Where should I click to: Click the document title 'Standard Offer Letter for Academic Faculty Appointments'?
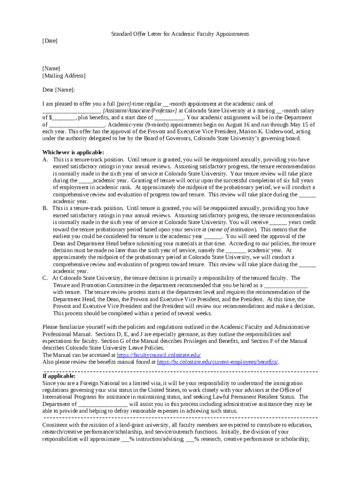tap(180, 34)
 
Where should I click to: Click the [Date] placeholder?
tap(50, 41)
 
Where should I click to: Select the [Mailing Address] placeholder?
tap(64, 76)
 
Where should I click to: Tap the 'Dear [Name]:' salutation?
tap(58, 90)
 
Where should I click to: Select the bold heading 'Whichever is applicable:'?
tap(73, 152)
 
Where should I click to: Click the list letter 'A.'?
tap(45, 160)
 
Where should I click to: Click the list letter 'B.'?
tap(45, 208)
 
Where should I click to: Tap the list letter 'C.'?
tap(45, 278)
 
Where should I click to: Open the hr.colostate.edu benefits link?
tap(218, 362)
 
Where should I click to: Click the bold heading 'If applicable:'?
tap(59, 376)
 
